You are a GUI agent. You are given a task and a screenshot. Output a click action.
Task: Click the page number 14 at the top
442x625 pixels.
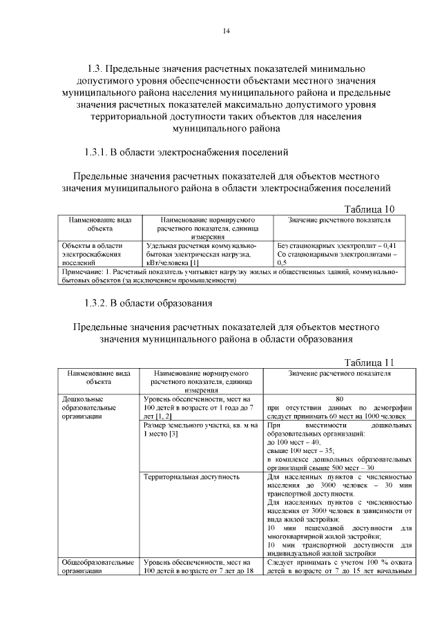pos(226,31)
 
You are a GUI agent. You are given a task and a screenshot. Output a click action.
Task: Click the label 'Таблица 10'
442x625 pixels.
pos(369,209)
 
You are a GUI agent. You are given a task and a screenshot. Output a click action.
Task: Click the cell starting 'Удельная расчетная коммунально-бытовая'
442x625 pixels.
pos(200,253)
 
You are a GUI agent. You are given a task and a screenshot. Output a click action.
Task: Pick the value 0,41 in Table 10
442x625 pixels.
pos(390,245)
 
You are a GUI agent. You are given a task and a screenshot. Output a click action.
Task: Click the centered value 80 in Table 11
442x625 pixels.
pos(339,398)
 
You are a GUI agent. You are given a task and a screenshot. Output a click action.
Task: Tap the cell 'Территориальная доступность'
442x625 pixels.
pos(191,477)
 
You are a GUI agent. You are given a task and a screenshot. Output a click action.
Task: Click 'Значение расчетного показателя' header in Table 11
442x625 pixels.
pos(339,373)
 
